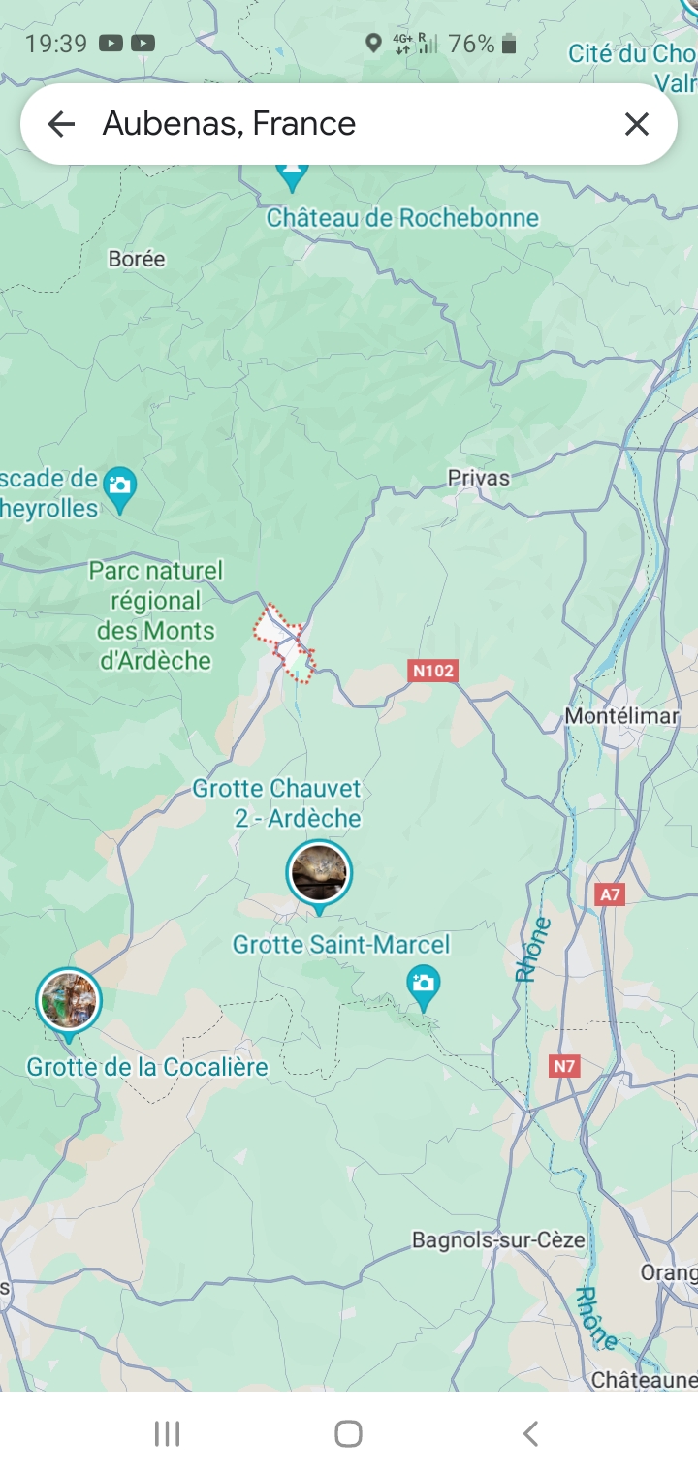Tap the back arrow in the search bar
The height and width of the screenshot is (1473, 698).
click(61, 124)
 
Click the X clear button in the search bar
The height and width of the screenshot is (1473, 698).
click(636, 124)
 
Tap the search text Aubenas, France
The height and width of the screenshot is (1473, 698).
click(230, 124)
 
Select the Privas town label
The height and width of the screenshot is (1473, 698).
click(478, 478)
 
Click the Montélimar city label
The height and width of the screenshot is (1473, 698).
click(621, 716)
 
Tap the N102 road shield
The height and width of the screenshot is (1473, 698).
click(432, 671)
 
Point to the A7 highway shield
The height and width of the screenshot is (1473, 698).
click(610, 894)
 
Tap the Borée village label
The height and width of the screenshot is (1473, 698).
click(137, 259)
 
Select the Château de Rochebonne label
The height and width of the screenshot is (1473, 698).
click(402, 218)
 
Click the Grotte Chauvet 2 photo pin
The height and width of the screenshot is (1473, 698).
click(319, 873)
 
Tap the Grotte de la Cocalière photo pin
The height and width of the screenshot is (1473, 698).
click(69, 1001)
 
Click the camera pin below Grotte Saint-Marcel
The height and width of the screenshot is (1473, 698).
click(424, 985)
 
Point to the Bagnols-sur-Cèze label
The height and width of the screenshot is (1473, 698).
click(498, 1240)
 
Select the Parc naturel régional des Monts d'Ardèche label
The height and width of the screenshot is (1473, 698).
click(155, 615)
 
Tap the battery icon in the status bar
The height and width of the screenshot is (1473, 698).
click(509, 44)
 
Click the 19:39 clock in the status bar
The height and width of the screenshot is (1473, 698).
click(56, 44)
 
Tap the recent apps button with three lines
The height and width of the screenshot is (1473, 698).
click(168, 1433)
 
